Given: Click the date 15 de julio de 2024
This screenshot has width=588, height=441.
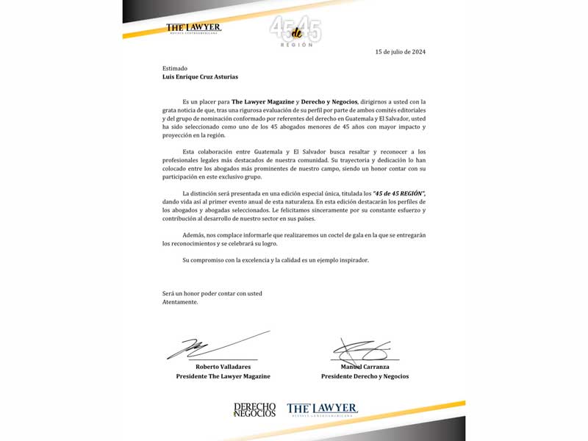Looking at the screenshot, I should tap(400, 52).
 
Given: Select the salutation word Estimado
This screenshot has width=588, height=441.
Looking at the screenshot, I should tap(176, 68).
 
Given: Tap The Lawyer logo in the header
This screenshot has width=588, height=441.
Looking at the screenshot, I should tap(193, 29).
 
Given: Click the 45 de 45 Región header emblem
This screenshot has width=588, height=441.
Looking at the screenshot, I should tap(295, 31).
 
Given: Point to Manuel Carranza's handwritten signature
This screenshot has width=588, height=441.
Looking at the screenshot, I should tap(359, 350).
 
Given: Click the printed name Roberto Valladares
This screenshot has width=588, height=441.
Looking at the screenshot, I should tap(223, 366).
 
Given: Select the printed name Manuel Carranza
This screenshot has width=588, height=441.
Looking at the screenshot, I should tap(365, 366).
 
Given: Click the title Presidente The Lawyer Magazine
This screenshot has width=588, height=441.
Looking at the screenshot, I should tap(223, 376).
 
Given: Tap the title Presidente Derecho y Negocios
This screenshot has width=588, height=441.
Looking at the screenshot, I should tap(365, 376).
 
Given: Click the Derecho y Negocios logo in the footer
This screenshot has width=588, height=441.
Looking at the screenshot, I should tap(254, 409).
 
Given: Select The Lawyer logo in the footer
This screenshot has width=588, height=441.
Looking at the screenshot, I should tap(322, 409).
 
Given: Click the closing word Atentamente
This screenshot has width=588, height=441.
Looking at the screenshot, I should tap(180, 302).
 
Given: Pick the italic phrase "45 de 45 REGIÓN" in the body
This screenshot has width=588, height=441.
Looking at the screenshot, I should tap(399, 193).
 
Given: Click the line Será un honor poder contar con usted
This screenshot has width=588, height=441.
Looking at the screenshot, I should tap(212, 293).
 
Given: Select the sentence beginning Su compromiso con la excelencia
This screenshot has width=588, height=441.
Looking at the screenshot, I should tap(276, 260).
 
